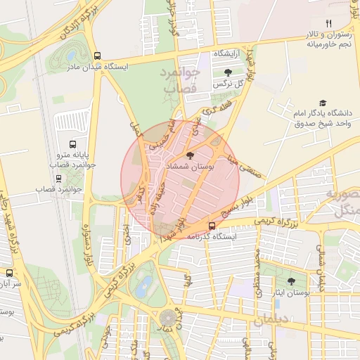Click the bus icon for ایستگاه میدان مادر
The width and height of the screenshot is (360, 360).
pos(98,56)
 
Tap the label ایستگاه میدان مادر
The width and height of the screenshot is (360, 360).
pos(98,67)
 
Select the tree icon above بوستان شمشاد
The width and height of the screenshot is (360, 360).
pos(189,155)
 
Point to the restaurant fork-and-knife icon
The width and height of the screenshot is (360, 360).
pos(328,25)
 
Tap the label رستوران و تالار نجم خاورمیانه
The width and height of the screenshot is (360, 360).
pos(328,40)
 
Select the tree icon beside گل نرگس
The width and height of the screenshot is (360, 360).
pos(226,72)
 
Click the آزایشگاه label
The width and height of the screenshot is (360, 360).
pos(227,54)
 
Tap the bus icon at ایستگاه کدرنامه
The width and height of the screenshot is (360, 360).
pos(212,226)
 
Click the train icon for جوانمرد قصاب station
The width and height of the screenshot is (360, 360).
pos(58,178)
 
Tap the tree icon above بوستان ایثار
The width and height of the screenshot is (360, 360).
pos(291,281)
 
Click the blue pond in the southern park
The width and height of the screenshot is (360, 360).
pos(145,285)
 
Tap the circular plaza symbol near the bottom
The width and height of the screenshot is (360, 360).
pos(168,319)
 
